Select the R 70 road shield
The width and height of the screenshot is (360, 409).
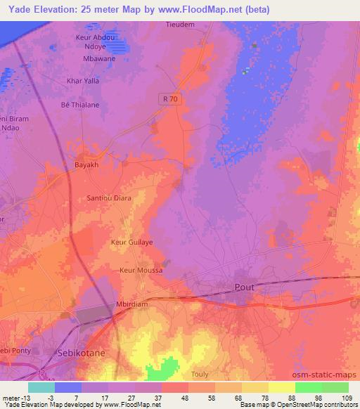pos(171,100)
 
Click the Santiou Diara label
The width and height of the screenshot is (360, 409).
pos(109,198)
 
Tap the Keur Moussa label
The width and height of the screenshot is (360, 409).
pos(141,270)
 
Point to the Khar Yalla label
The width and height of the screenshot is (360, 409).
pos(83,81)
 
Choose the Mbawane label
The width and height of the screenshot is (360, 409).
pos(98,58)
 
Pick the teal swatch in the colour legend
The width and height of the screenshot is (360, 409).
pos(41,387)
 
